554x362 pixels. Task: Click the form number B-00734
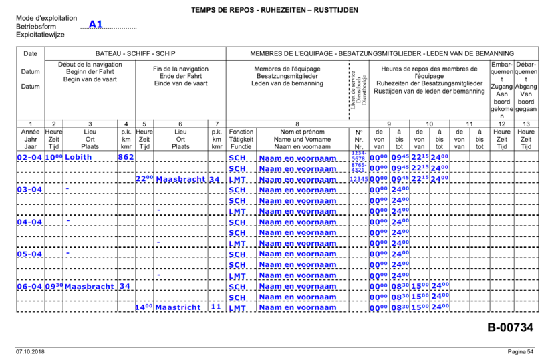pyautogui.click(x=510, y=327)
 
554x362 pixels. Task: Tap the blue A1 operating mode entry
pyautogui.click(x=96, y=25)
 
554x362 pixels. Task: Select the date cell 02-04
pyautogui.click(x=29, y=158)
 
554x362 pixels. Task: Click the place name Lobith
pyautogui.click(x=78, y=158)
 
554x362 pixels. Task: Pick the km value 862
pyautogui.click(x=126, y=158)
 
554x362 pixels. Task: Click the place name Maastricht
pyautogui.click(x=178, y=308)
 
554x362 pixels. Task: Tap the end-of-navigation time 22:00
pyautogui.click(x=145, y=179)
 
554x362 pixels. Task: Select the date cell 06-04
pyautogui.click(x=29, y=287)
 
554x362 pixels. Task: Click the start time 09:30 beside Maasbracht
pyautogui.click(x=55, y=287)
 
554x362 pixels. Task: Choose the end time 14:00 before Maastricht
pyautogui.click(x=145, y=308)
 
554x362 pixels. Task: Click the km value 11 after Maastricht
pyautogui.click(x=215, y=307)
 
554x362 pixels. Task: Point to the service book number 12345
pyautogui.click(x=358, y=179)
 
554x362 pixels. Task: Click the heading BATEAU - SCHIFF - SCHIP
pyautogui.click(x=135, y=53)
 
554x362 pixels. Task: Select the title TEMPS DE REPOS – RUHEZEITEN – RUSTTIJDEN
pyautogui.click(x=275, y=10)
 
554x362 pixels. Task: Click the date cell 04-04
pyautogui.click(x=29, y=222)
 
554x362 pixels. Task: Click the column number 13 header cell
pyautogui.click(x=525, y=124)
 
